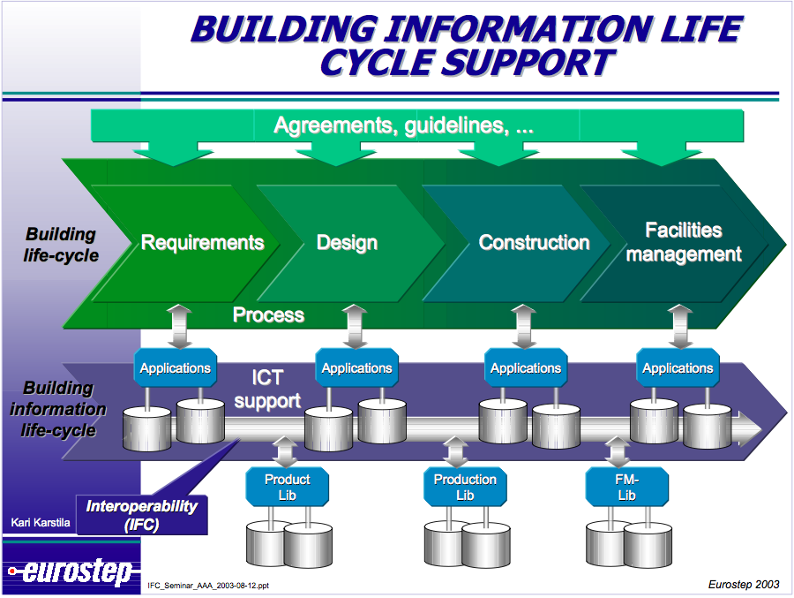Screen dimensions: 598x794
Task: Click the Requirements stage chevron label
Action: point(203,242)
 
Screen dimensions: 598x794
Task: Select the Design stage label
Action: point(347,242)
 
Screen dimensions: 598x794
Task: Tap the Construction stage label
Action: point(534,242)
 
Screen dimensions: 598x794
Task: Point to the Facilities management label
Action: point(684,242)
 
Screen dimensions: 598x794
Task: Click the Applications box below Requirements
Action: point(176,367)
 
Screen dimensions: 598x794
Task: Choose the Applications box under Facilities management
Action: point(678,367)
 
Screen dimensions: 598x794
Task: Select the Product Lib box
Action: point(288,487)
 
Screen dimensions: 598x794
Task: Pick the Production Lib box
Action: point(465,487)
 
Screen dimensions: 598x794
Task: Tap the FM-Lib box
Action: point(626,487)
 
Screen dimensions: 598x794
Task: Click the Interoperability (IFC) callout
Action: point(142,514)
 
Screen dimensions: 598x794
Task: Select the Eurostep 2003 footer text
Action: point(743,584)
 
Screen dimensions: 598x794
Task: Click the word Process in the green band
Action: point(268,314)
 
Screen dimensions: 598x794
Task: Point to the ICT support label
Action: point(267,389)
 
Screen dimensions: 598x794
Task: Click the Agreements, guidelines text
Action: point(403,125)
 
